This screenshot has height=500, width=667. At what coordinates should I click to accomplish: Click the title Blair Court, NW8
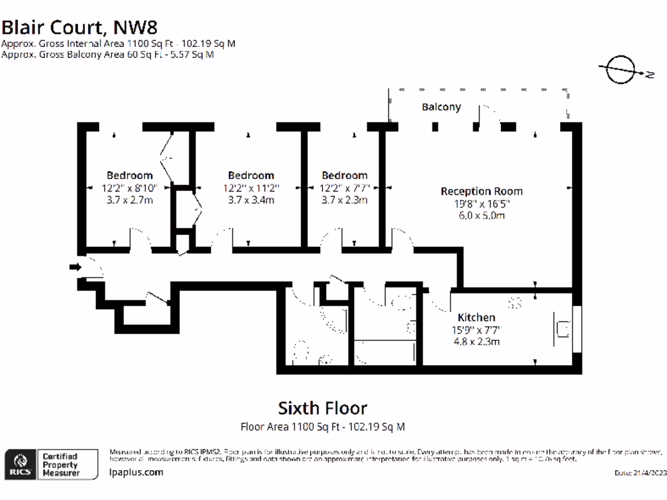click(x=79, y=27)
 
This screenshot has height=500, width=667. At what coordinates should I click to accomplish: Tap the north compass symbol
click(x=621, y=70)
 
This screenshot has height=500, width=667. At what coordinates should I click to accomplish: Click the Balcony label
click(x=441, y=107)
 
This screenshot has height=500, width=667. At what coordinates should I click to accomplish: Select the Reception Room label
click(x=481, y=191)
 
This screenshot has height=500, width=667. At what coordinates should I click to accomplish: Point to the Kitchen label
click(x=476, y=317)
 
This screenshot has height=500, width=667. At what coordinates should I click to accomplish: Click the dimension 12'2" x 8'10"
click(x=130, y=187)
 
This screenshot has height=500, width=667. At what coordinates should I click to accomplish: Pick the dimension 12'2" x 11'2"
click(x=251, y=187)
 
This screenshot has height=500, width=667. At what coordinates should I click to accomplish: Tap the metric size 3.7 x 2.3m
click(x=344, y=200)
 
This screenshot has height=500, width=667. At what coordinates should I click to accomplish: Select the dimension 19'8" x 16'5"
click(x=481, y=204)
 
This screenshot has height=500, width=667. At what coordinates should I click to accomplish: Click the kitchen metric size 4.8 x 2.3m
click(x=476, y=341)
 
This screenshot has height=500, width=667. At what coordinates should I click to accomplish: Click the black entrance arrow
click(x=76, y=266)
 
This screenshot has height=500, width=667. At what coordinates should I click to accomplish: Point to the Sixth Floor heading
click(x=322, y=408)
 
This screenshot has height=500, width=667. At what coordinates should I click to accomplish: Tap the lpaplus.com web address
click(x=136, y=473)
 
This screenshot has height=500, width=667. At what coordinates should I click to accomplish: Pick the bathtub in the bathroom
click(x=385, y=352)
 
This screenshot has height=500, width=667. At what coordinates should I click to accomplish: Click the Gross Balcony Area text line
click(x=107, y=55)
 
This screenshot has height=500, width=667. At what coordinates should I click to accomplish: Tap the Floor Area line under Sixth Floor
click(x=322, y=427)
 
